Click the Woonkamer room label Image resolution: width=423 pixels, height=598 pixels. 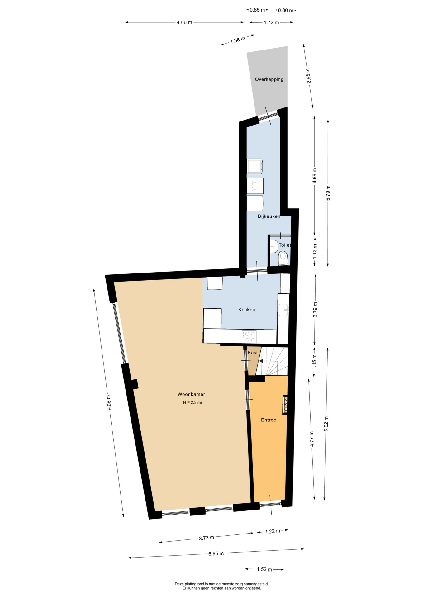pos(191,394)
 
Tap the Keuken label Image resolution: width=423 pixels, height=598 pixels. pos(247,310)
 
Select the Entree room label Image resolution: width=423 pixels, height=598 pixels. pos(269,420)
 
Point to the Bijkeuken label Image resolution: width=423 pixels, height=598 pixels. pos(269,216)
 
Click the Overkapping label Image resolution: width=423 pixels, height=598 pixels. pos(269,79)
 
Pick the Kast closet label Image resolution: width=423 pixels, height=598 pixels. pos(253,353)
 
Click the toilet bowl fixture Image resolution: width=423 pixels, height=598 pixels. pos(283,258)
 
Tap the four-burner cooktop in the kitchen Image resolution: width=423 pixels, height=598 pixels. pos(249,336)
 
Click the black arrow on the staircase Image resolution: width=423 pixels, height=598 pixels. pos(261,361)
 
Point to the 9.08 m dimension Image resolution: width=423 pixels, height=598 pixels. pos(109,402)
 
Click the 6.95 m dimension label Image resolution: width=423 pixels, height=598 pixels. pos(216,553)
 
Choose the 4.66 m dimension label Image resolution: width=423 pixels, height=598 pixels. pos(184,22)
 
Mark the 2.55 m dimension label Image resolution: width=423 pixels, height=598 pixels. pos(308,76)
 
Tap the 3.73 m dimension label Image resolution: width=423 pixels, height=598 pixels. pos(207,538)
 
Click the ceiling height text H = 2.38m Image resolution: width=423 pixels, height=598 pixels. pos(192,402)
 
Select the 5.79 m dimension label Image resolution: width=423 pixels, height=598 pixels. pos(328,193)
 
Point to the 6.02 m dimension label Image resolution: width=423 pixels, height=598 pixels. pos(326,424)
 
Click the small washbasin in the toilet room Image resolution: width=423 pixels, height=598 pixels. pos(274,246)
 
